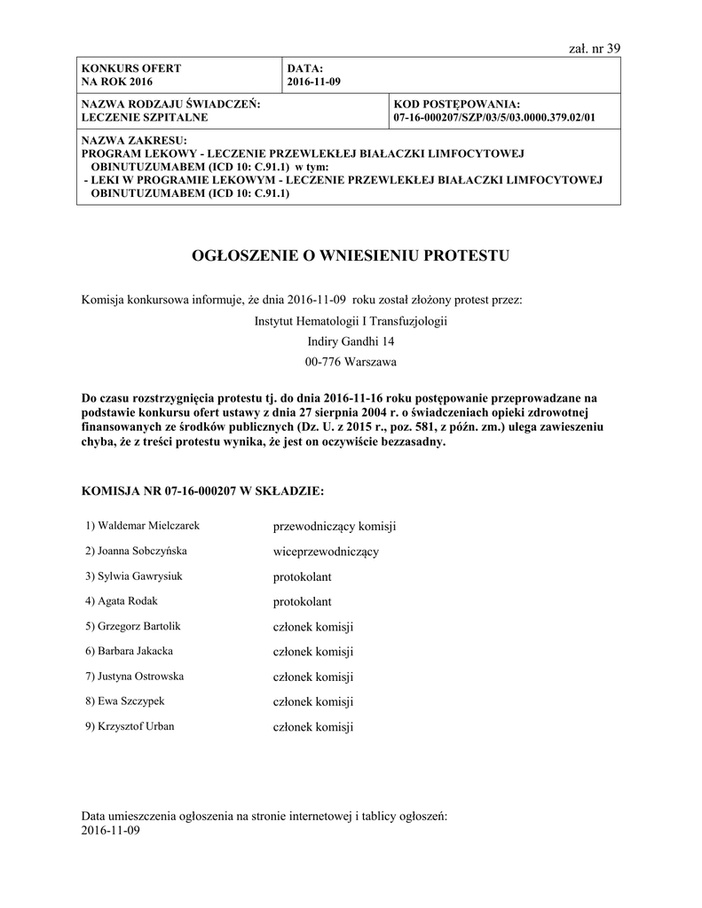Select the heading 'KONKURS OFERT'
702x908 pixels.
click(x=130, y=68)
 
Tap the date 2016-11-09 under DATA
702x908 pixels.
click(x=313, y=82)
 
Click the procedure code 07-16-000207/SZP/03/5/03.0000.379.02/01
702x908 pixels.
click(x=493, y=117)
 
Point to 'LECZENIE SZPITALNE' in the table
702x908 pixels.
click(x=145, y=117)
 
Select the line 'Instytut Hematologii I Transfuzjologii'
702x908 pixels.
click(x=351, y=320)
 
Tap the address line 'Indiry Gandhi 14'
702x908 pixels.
click(x=351, y=340)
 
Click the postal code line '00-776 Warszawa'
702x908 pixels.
click(x=351, y=362)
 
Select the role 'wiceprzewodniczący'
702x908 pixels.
click(x=326, y=552)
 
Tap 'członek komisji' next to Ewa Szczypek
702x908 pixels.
click(x=313, y=702)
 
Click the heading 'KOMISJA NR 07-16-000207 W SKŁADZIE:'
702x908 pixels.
click(x=202, y=489)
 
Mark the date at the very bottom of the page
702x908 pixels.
click(x=111, y=831)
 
